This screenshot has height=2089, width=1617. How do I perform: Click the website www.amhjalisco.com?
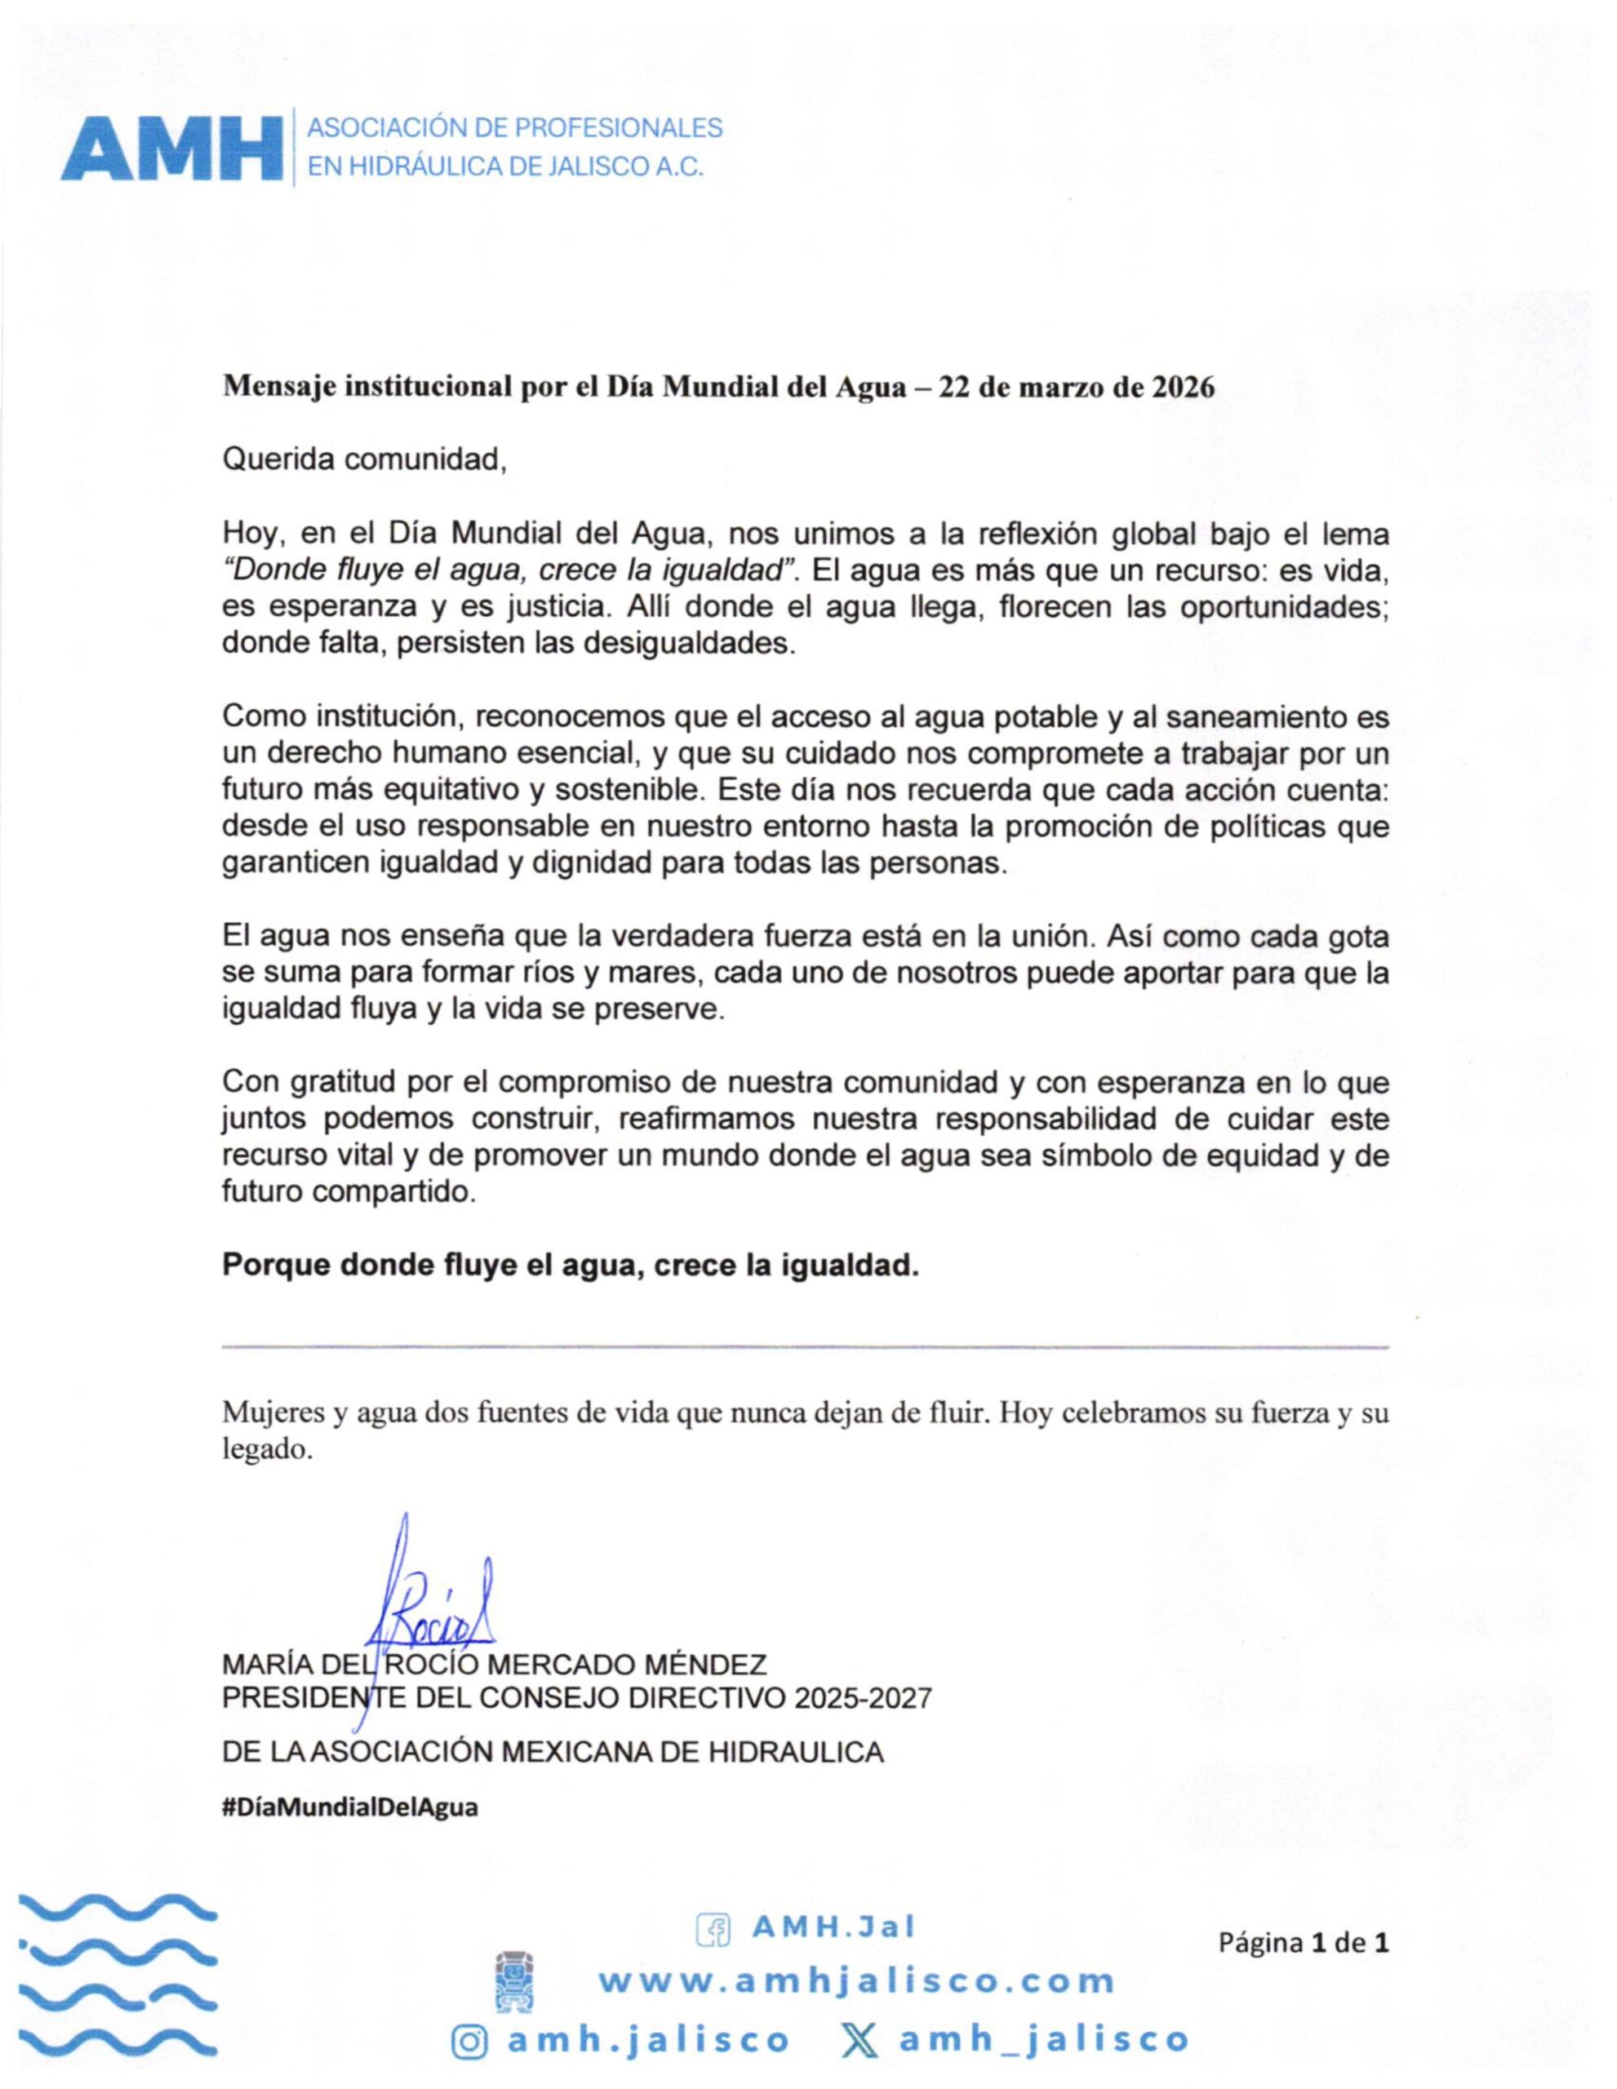857,1981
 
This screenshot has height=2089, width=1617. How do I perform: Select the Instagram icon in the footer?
469,2038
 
